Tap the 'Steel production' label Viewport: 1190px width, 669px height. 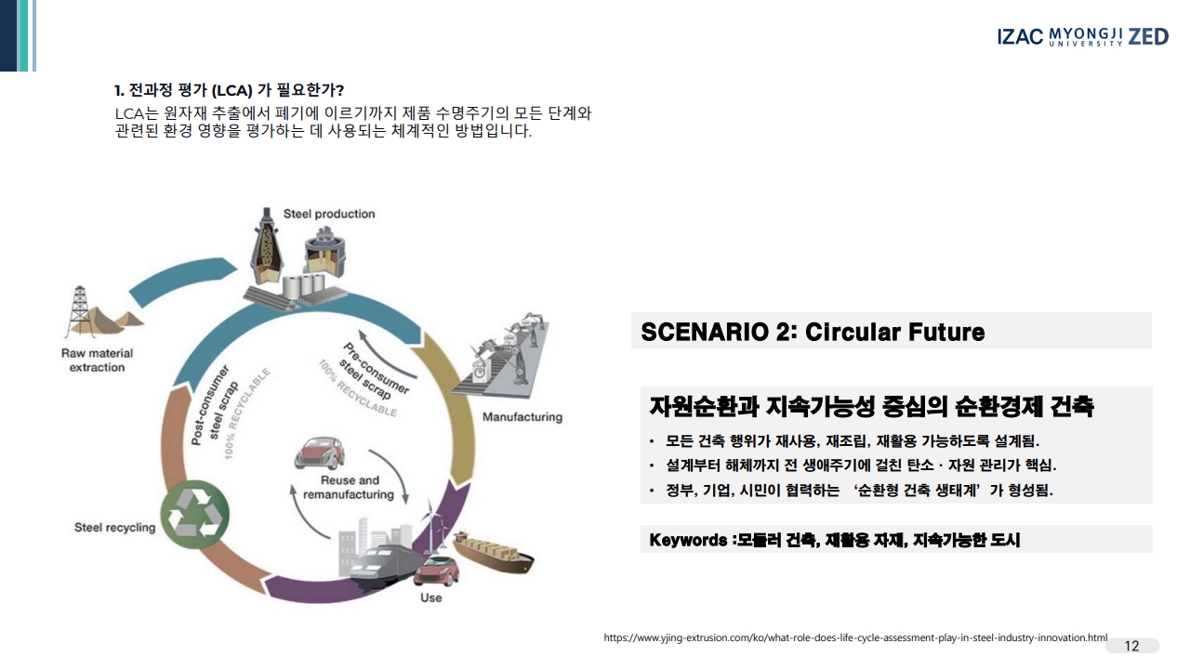[329, 214]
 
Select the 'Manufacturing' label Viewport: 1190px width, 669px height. [522, 417]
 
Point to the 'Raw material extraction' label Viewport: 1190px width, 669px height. [97, 361]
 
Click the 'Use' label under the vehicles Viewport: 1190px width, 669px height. [430, 597]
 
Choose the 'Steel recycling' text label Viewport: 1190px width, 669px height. [115, 528]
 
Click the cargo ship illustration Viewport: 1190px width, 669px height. [495, 555]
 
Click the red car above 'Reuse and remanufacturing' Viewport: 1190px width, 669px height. [319, 453]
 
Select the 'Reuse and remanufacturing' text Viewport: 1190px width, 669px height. [350, 488]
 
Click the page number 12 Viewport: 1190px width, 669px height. [1131, 646]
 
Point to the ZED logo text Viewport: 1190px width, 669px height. [1148, 36]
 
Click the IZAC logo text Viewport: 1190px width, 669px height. [1020, 37]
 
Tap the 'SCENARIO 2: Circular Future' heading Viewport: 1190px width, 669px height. [813, 332]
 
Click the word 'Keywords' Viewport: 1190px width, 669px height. [688, 540]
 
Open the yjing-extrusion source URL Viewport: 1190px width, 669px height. [855, 638]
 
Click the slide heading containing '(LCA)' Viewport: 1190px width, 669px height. [230, 90]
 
